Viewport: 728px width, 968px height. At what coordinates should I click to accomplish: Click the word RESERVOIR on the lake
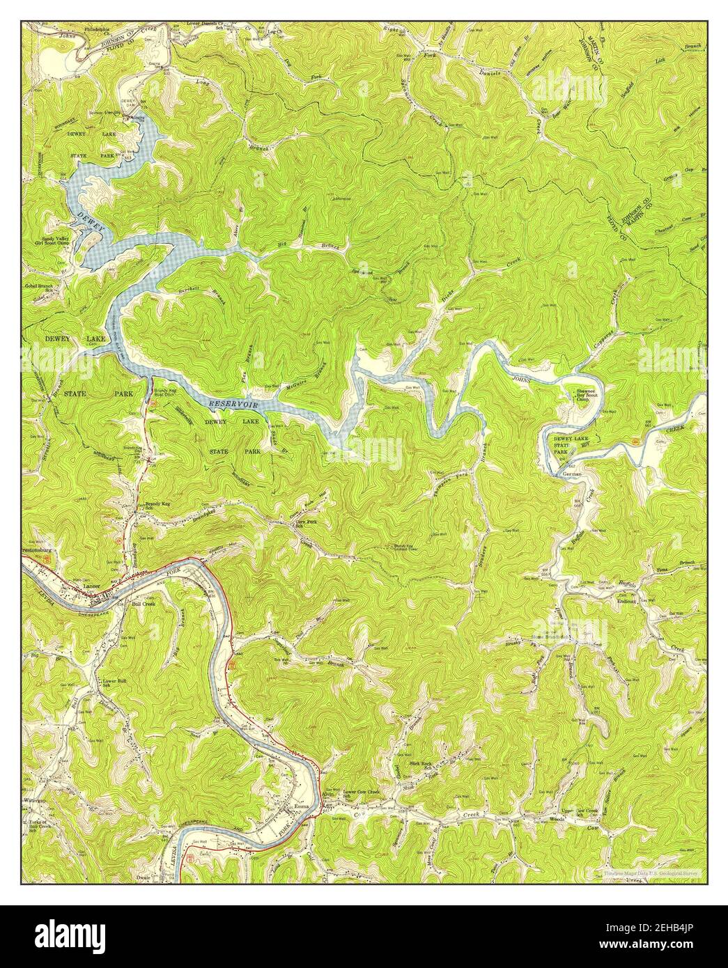[234, 404]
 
